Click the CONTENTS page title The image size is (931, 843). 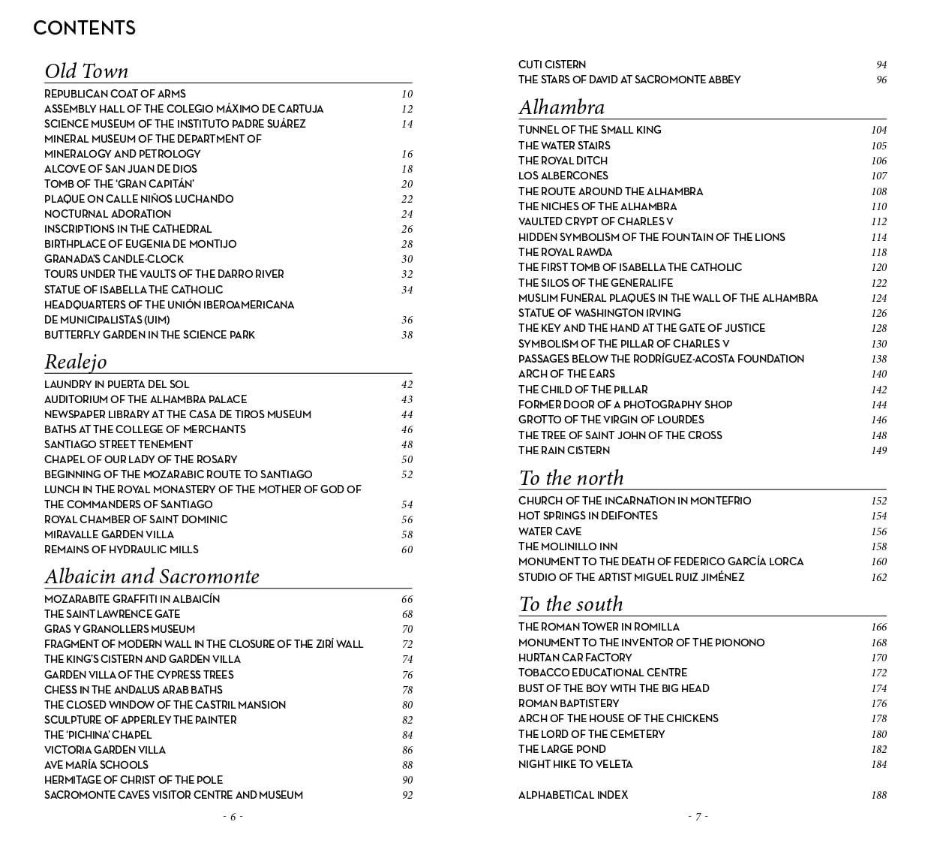point(84,29)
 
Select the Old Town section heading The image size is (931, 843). point(86,71)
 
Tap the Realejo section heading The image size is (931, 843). point(75,362)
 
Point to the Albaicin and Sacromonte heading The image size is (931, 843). point(152,577)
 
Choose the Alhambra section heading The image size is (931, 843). point(561,107)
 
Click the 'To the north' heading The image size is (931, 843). point(571,478)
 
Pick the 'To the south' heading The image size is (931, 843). point(570,604)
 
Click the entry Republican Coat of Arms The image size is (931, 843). point(115,94)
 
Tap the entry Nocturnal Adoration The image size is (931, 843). point(107,214)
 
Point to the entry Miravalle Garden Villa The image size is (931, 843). point(109,534)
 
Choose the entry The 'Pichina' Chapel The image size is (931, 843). point(98,735)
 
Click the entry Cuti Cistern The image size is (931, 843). point(552,65)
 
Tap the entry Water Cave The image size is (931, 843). point(550,531)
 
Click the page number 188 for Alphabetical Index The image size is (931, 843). point(878,795)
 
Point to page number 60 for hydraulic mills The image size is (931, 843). point(407,549)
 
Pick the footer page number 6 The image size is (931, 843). point(233,817)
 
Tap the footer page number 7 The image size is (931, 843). point(698,817)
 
